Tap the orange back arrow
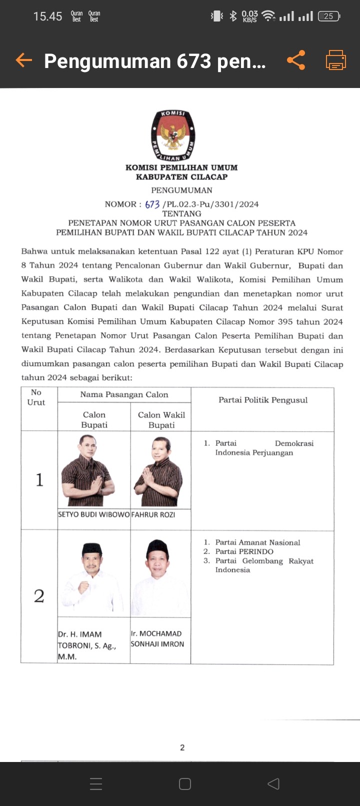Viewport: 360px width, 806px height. [23, 60]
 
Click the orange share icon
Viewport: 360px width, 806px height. [296, 60]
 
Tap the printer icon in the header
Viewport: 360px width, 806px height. [336, 60]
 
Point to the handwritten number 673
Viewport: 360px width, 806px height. [152, 204]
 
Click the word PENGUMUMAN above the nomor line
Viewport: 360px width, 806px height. [181, 190]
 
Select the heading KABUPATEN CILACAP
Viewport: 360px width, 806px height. [181, 176]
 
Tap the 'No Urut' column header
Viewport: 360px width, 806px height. [36, 397]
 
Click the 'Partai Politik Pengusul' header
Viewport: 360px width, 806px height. [263, 400]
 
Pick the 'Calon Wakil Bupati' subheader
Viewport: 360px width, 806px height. [161, 419]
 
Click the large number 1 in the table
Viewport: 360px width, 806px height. [39, 480]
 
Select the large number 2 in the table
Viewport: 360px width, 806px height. [39, 596]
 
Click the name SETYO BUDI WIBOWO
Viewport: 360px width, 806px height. [93, 514]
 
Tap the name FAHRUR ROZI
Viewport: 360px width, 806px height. [153, 514]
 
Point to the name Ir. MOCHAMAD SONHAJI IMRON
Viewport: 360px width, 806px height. [157, 638]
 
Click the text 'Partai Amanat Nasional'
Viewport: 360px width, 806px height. [257, 542]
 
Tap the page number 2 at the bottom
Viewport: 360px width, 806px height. [182, 747]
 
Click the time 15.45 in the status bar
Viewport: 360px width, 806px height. [47, 16]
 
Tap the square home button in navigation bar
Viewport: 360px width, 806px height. [185, 783]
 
